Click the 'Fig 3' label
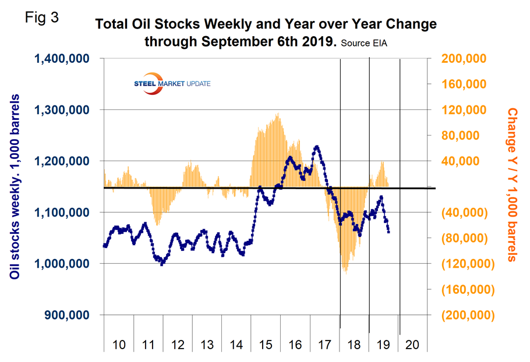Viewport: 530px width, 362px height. click(43, 17)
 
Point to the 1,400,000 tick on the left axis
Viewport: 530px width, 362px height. click(63, 58)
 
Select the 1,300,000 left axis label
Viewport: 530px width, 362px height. click(63, 109)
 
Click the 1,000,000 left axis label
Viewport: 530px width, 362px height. click(63, 264)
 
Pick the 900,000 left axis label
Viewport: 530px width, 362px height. click(68, 315)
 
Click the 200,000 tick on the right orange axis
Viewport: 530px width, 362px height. click(464, 58)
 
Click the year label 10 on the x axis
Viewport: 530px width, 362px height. click(118, 345)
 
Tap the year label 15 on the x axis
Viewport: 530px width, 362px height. click(266, 345)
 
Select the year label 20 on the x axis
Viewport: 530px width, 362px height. click(412, 345)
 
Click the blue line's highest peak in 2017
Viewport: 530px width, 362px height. click(316, 147)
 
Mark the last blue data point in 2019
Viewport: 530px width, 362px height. click(388, 232)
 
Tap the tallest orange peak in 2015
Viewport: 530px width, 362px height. click(278, 114)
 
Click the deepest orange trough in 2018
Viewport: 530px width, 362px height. click(346, 273)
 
